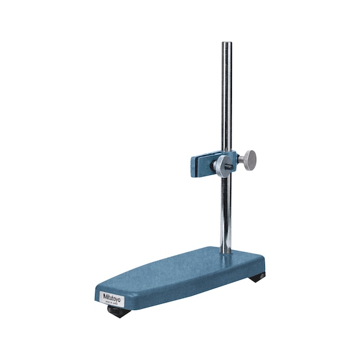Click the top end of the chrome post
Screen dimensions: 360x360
pos(226,44)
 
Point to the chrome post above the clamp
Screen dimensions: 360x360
pos(226,100)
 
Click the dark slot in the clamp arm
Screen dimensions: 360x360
pos(201,165)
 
